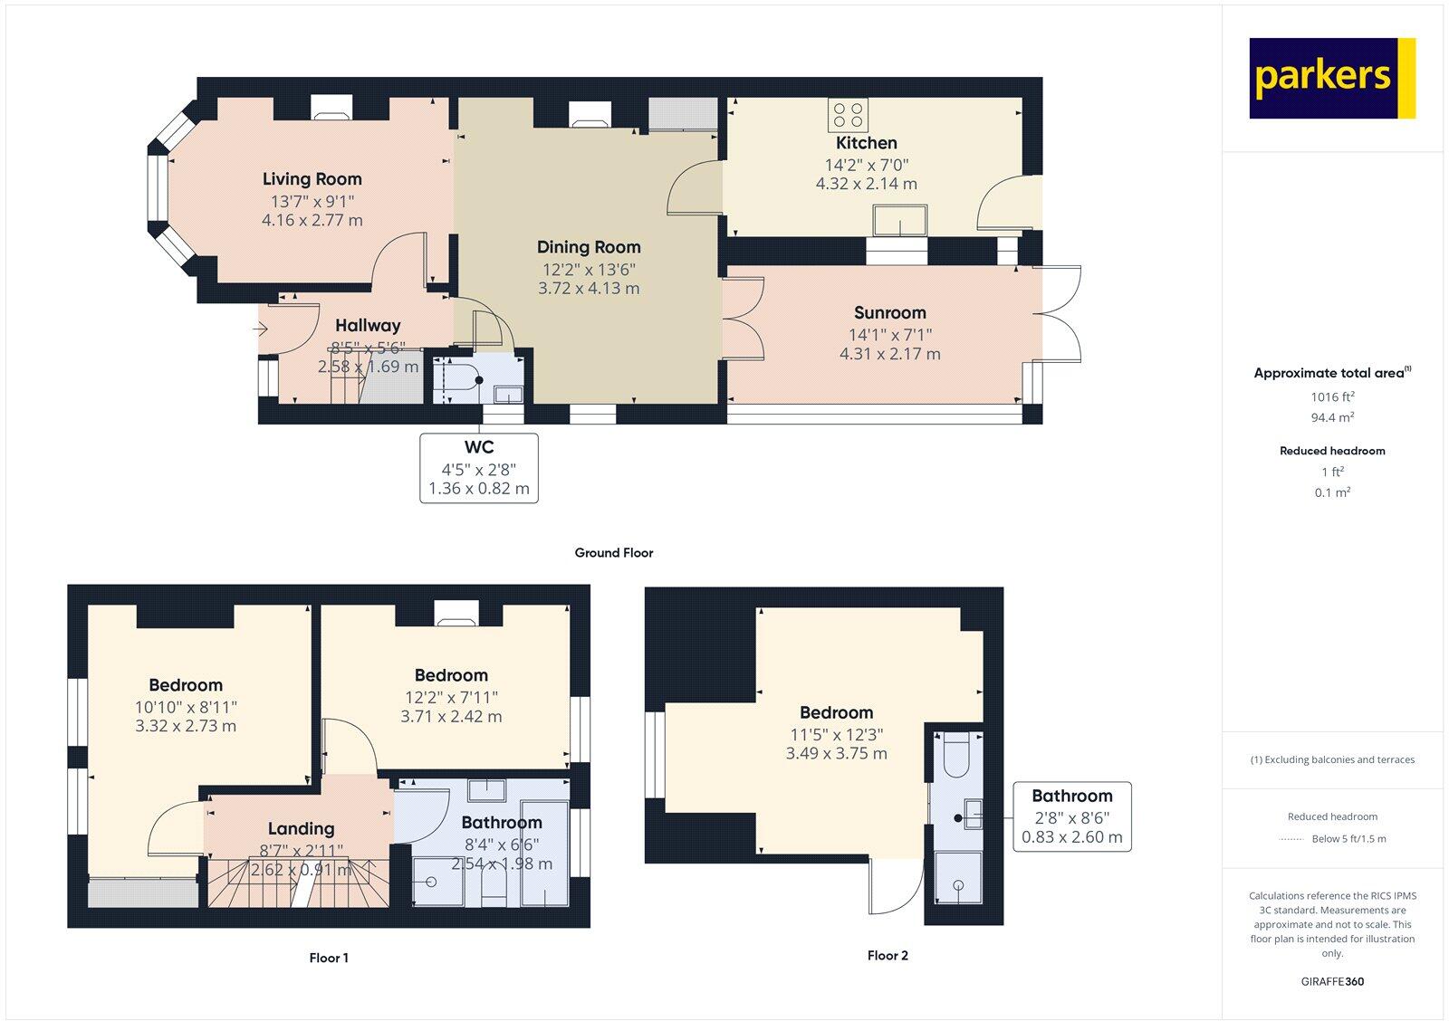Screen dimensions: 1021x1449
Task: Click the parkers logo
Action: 1331,78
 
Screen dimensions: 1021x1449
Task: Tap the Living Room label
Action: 312,179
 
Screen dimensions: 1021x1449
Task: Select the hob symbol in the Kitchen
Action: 849,115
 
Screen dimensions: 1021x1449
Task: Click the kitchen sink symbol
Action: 899,220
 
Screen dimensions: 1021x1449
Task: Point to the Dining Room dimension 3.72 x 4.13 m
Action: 589,289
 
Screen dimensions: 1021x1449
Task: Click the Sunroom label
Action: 889,313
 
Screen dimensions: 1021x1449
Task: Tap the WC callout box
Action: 478,468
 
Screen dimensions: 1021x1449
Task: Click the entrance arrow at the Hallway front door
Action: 262,329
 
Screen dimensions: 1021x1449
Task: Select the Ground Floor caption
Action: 613,553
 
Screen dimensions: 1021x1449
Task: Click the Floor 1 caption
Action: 328,958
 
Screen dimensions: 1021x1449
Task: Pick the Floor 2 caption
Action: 887,955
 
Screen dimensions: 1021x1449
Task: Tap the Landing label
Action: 301,829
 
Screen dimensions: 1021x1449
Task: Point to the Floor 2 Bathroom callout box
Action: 1071,816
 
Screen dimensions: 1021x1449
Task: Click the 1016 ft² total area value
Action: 1332,396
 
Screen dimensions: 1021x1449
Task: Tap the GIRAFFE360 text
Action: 1332,981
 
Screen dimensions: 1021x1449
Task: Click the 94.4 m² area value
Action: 1332,417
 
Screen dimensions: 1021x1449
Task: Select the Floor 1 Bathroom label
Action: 501,823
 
